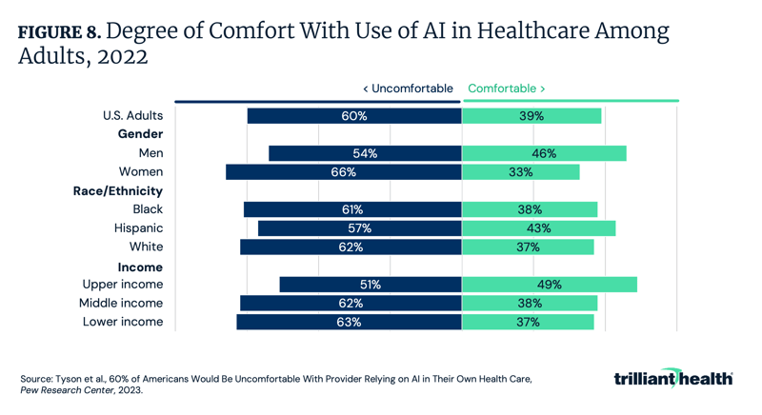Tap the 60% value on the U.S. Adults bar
click(x=354, y=116)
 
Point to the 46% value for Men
click(x=544, y=153)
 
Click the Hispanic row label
click(x=139, y=228)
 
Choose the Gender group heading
click(x=140, y=135)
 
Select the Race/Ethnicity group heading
click(x=118, y=191)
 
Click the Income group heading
click(x=140, y=267)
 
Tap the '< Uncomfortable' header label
click(x=408, y=89)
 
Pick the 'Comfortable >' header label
click(x=507, y=89)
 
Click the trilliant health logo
click(x=673, y=378)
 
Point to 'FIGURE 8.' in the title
click(x=59, y=32)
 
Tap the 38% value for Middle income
click(x=530, y=304)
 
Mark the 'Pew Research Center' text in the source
click(x=65, y=390)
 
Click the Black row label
click(x=148, y=209)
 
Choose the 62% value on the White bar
click(x=351, y=247)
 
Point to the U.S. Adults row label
click(x=132, y=116)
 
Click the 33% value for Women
click(x=520, y=172)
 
